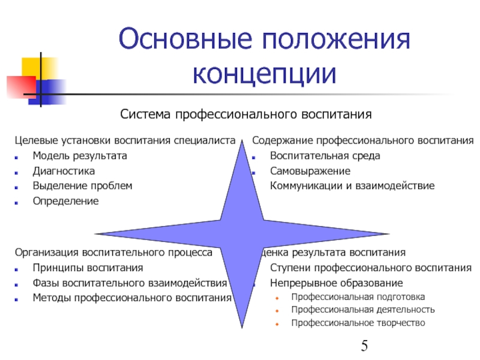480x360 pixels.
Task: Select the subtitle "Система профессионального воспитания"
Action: [246, 114]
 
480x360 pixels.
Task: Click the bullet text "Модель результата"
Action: [80, 156]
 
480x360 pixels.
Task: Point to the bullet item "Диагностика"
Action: [64, 171]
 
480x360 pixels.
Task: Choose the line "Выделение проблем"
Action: [82, 186]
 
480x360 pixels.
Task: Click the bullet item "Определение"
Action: [65, 201]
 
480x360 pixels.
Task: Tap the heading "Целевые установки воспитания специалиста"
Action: [124, 141]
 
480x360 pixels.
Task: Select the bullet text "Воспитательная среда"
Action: [325, 156]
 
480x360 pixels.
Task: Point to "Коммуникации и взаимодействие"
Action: [352, 186]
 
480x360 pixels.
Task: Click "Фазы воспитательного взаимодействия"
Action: [130, 283]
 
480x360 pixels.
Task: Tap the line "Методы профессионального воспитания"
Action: [132, 298]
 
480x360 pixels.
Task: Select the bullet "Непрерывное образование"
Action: [336, 283]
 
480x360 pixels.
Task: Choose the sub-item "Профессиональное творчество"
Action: [358, 323]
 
